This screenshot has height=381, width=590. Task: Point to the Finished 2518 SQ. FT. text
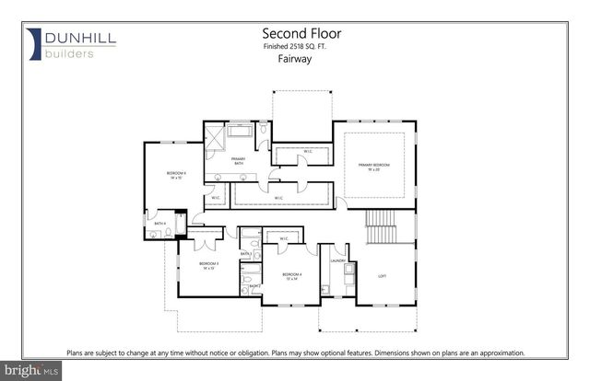pyautogui.click(x=294, y=43)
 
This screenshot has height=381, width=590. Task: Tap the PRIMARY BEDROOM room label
pyautogui.click(x=374, y=166)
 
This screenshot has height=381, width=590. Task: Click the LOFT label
pyautogui.click(x=383, y=275)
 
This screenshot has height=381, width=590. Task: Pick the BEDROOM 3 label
pyautogui.click(x=208, y=264)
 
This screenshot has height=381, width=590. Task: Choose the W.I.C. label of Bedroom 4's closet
pyautogui.click(x=284, y=239)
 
